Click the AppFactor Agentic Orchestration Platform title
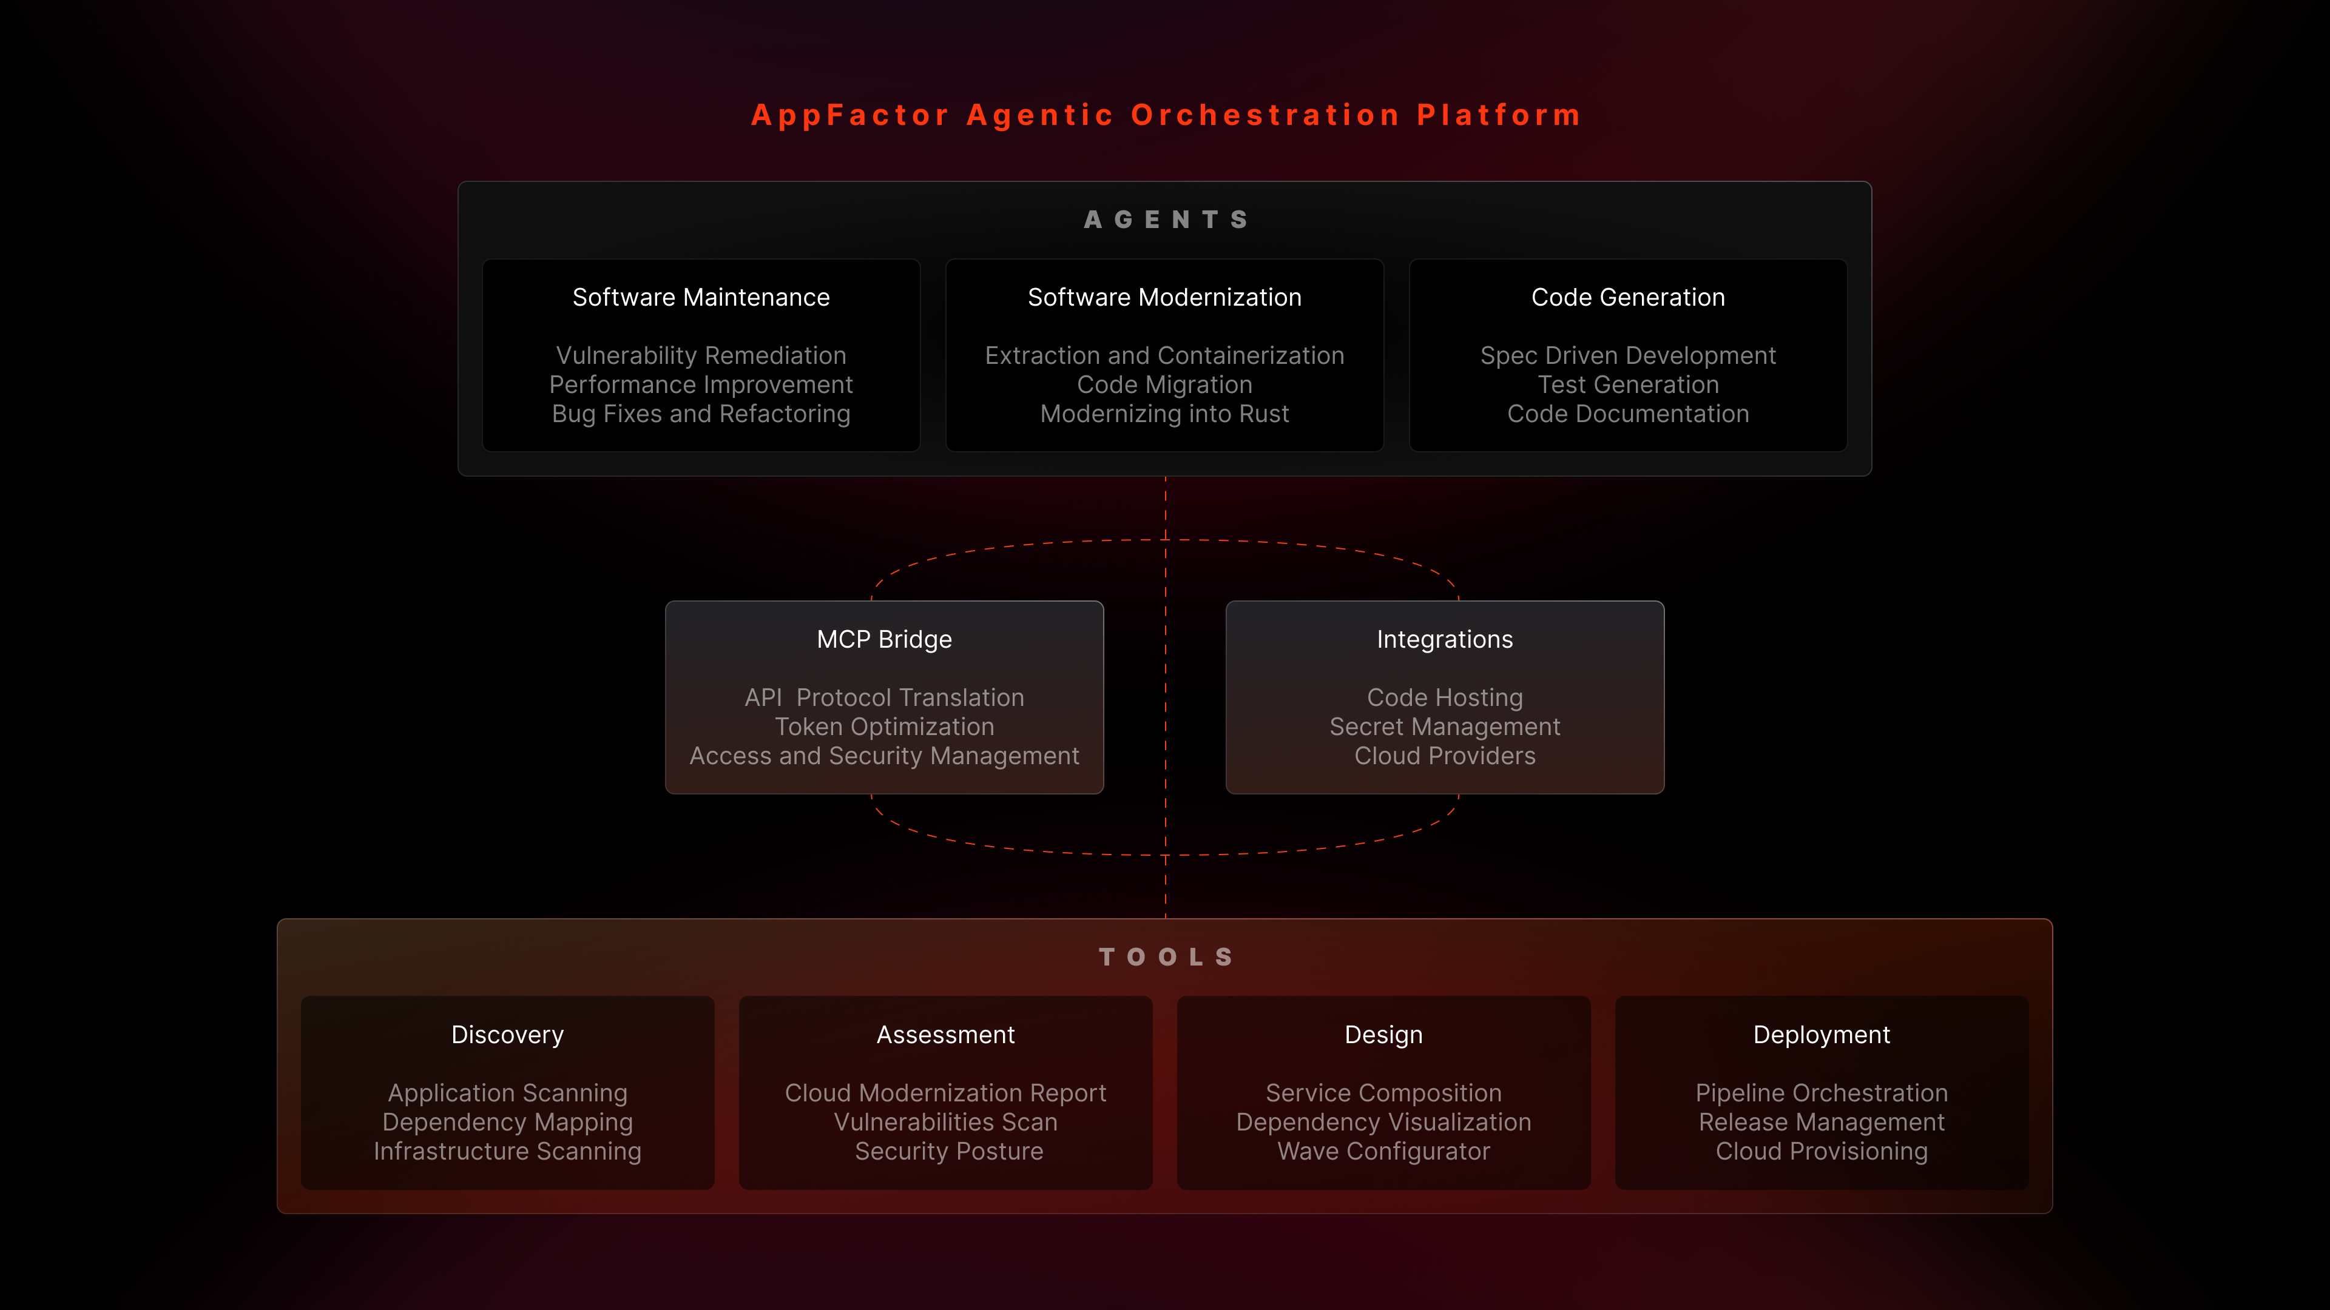[x=1165, y=115]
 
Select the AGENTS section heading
[x=1165, y=220]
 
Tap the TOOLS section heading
[x=1165, y=956]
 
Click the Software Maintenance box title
[x=701, y=297]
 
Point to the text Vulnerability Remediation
[x=701, y=355]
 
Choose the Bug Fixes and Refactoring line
[x=701, y=414]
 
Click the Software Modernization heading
[x=1164, y=297]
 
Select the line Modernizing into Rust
[x=1164, y=414]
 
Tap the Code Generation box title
[x=1628, y=297]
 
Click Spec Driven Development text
[x=1628, y=355]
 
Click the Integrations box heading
[x=1445, y=639]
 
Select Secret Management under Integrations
[x=1445, y=727]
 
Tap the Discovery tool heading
[x=507, y=1034]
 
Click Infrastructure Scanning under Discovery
[x=507, y=1151]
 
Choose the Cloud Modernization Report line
[x=945, y=1093]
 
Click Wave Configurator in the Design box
[x=1383, y=1151]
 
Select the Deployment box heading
[x=1822, y=1034]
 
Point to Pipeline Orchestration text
[x=1822, y=1093]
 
